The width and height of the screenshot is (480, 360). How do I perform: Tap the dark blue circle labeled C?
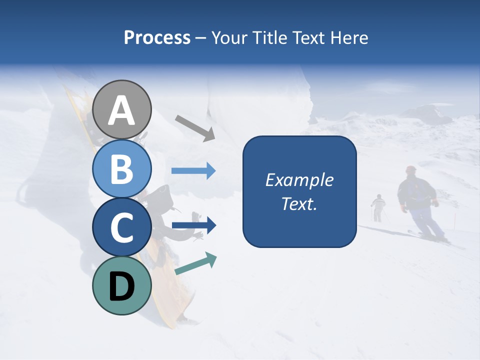[122, 227]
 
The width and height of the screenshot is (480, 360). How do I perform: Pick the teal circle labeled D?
[122, 286]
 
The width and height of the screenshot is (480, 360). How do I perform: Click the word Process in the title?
[157, 38]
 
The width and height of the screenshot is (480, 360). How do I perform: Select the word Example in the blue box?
[299, 180]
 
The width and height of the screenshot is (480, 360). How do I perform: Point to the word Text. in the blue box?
[299, 203]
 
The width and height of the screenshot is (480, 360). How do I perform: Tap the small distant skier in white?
[378, 207]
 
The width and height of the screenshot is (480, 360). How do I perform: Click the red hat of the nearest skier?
[411, 169]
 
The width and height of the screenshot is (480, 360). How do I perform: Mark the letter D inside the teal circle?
[122, 287]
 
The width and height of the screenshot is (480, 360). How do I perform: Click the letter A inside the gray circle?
[122, 111]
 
